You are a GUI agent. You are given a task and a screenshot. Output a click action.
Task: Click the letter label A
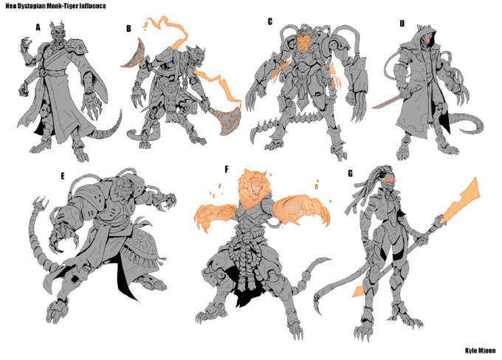[x=38, y=27]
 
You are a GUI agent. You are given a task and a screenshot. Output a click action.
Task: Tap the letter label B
[x=128, y=29]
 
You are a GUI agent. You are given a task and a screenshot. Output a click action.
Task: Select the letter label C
[x=270, y=21]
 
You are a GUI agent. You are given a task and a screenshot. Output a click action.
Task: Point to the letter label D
[x=402, y=24]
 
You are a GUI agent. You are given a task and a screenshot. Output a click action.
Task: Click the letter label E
[x=63, y=176]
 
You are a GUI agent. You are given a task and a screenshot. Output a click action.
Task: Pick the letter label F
[x=227, y=169]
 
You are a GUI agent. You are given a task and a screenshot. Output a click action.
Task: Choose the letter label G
[x=350, y=173]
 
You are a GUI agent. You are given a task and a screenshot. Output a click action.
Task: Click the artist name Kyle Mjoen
[x=481, y=350]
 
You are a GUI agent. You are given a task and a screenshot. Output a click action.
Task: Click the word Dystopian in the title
[x=30, y=6]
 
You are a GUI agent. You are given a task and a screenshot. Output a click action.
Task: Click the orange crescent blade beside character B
[x=132, y=53]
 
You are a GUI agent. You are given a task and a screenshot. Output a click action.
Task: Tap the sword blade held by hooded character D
[x=386, y=102]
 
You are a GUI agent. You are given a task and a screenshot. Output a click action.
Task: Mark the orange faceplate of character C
[x=302, y=42]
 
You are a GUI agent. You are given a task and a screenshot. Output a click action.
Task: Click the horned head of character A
[x=58, y=32]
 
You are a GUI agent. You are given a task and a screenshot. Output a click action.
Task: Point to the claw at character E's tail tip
[x=40, y=203]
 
